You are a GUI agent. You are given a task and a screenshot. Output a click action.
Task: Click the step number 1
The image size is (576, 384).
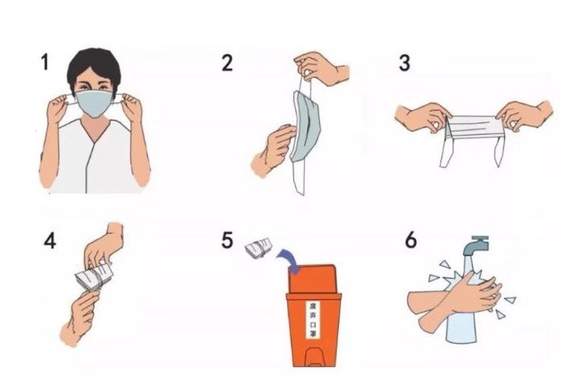(45, 62)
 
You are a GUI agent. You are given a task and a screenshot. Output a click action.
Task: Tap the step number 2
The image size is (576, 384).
(227, 63)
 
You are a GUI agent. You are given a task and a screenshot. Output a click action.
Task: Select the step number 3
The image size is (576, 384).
(404, 63)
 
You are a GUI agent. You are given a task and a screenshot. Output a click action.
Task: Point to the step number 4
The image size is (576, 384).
(50, 241)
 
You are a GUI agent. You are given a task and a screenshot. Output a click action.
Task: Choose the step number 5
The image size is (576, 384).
(228, 241)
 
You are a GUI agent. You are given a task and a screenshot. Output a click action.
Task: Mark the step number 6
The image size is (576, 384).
(411, 241)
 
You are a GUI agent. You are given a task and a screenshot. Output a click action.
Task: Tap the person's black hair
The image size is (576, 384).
(94, 68)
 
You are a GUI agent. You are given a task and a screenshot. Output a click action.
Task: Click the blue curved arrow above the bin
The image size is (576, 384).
(289, 259)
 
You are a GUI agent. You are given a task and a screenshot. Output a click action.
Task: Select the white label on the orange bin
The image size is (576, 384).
(313, 320)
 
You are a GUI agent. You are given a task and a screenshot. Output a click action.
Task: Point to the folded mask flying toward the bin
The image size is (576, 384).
(259, 248)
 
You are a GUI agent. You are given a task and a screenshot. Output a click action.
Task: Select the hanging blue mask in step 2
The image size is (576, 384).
(306, 127)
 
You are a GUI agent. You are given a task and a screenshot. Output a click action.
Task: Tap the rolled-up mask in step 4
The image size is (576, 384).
(94, 277)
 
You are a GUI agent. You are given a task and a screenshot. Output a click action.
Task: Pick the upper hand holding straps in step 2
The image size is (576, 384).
(321, 68)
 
